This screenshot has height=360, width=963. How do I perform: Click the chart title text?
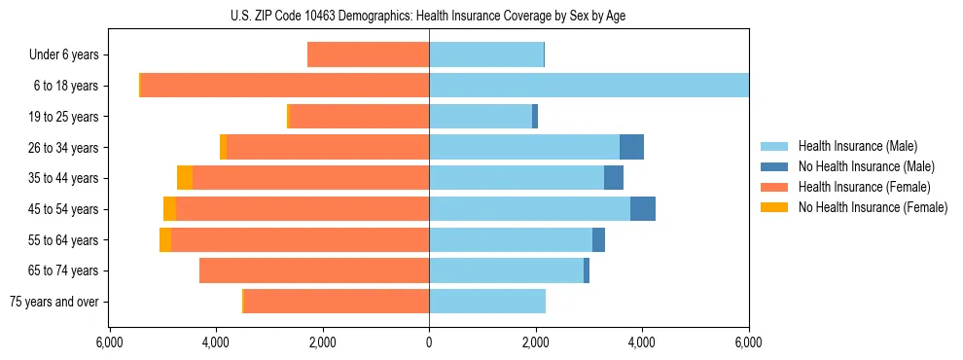click(x=429, y=16)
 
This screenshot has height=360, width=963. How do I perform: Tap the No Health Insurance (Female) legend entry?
click(x=873, y=207)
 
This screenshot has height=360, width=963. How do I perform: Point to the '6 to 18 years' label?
click(x=66, y=86)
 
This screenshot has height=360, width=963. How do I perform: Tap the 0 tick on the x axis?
click(x=429, y=342)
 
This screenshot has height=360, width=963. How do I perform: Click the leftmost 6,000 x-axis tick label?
click(x=109, y=342)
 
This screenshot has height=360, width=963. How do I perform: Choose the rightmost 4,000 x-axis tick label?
click(x=642, y=342)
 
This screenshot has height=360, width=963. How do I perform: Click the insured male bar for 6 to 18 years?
click(x=588, y=86)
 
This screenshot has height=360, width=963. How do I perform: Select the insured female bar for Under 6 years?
click(x=368, y=55)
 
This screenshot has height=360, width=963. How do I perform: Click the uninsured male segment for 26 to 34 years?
click(x=631, y=147)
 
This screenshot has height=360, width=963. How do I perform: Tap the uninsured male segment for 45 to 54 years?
click(x=643, y=209)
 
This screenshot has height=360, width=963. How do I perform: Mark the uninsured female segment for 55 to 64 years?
click(x=165, y=239)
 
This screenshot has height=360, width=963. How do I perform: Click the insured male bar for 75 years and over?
click(x=486, y=302)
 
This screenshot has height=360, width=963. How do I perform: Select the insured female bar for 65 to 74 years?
click(x=314, y=270)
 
